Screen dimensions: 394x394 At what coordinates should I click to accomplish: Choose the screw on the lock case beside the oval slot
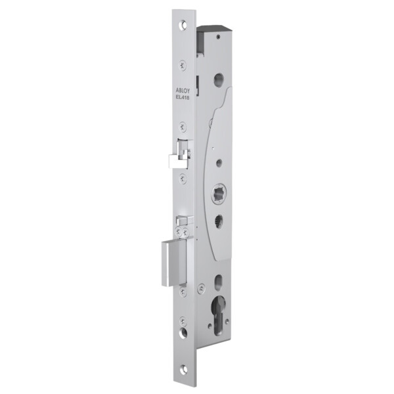pos(202,286)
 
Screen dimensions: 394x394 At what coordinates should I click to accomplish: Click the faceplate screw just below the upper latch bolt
pos(184,175)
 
